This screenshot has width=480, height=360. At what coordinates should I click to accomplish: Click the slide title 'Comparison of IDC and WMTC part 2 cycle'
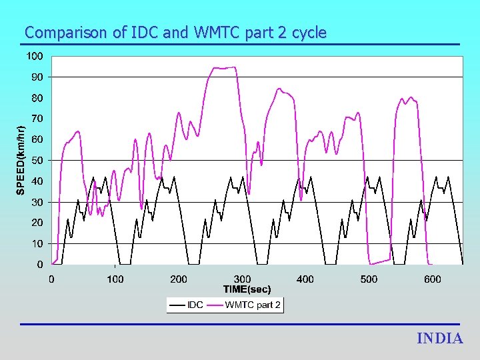click(175, 32)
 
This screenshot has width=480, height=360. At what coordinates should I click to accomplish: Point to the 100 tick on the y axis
click(35, 56)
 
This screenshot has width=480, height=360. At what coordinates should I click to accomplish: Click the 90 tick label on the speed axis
click(37, 77)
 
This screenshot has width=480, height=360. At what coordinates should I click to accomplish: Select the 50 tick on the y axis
click(37, 161)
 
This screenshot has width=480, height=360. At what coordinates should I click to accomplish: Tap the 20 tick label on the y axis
click(37, 223)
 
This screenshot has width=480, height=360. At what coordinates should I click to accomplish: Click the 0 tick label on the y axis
click(40, 265)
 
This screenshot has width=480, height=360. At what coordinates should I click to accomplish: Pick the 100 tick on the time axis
click(115, 279)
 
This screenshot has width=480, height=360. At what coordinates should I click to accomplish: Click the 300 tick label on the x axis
click(242, 279)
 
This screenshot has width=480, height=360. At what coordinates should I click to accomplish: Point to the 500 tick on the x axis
click(369, 279)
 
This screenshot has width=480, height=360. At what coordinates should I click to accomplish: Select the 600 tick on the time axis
click(432, 279)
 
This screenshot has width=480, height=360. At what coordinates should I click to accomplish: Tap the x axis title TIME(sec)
click(247, 289)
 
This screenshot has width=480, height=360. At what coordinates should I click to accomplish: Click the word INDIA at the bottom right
click(439, 339)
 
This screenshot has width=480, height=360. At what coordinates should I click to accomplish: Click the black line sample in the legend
click(178, 305)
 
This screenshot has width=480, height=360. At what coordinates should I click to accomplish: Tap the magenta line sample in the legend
click(215, 305)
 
